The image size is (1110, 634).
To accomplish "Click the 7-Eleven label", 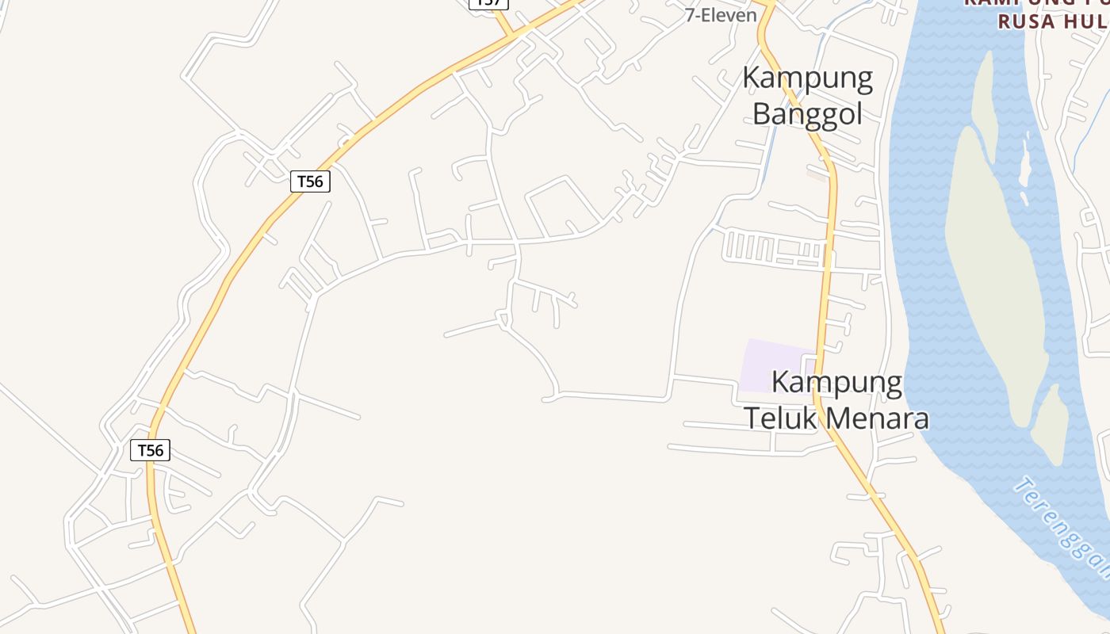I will point(721,15).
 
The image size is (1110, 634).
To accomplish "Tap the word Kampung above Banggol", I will point(807,78).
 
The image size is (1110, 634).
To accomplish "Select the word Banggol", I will point(807,113).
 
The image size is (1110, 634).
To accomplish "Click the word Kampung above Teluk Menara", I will point(836,383).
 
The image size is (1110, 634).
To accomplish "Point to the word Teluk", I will point(780,418).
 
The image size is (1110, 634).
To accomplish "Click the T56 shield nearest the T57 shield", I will point(310,181).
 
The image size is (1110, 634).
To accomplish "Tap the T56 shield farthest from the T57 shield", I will point(150,451).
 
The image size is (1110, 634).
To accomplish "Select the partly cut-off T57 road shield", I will point(488,3).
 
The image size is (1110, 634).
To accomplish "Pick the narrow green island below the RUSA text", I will point(984,95).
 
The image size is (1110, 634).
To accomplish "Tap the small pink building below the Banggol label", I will point(817,174).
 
